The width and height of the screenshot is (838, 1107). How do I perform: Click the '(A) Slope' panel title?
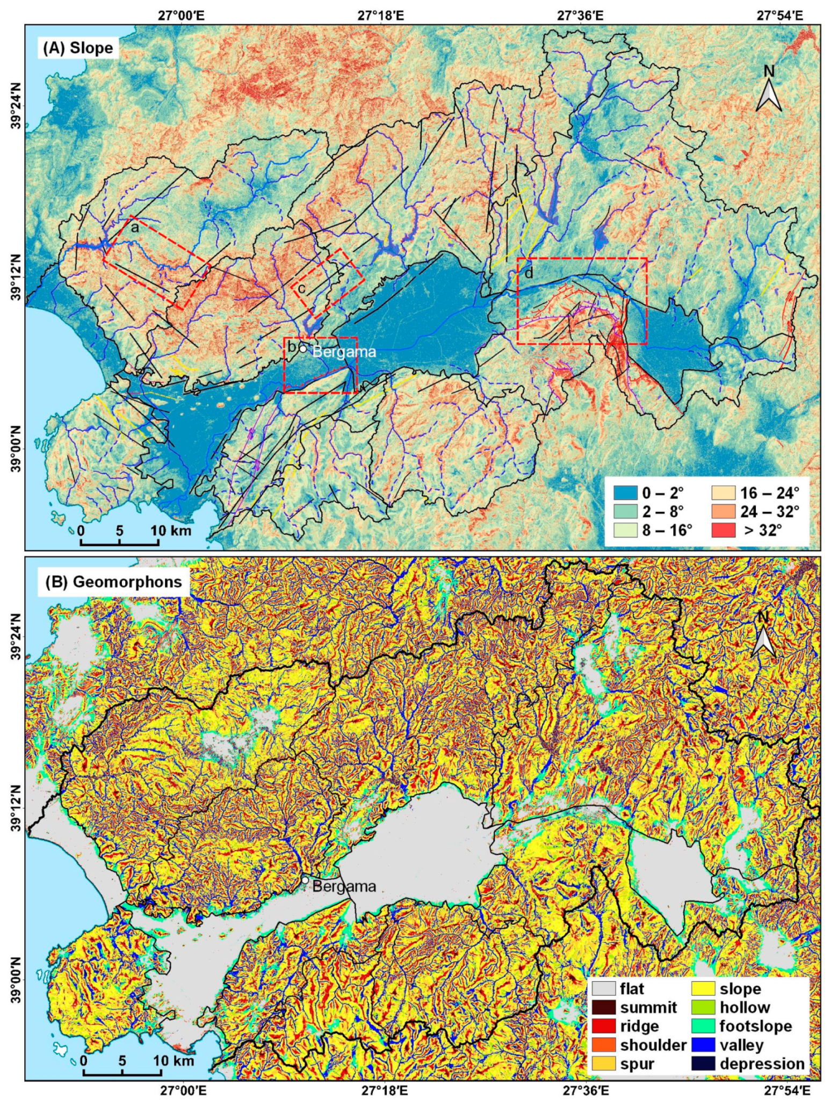coord(78,48)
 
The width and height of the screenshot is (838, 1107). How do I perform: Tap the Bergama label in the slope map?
coord(344,352)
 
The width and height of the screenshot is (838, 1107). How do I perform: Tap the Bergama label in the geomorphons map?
coord(344,886)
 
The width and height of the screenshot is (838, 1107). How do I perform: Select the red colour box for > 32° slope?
coord(723,530)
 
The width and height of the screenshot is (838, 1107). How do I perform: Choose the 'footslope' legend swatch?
coord(704,1026)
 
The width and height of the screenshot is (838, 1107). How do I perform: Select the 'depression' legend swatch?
coord(704,1064)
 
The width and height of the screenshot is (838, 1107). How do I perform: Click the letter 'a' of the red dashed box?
coord(135,228)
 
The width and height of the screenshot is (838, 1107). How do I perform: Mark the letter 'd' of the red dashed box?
coord(529,273)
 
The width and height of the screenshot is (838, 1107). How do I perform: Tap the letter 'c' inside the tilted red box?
coord(301,289)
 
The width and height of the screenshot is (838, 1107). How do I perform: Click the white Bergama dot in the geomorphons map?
coord(305,880)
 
